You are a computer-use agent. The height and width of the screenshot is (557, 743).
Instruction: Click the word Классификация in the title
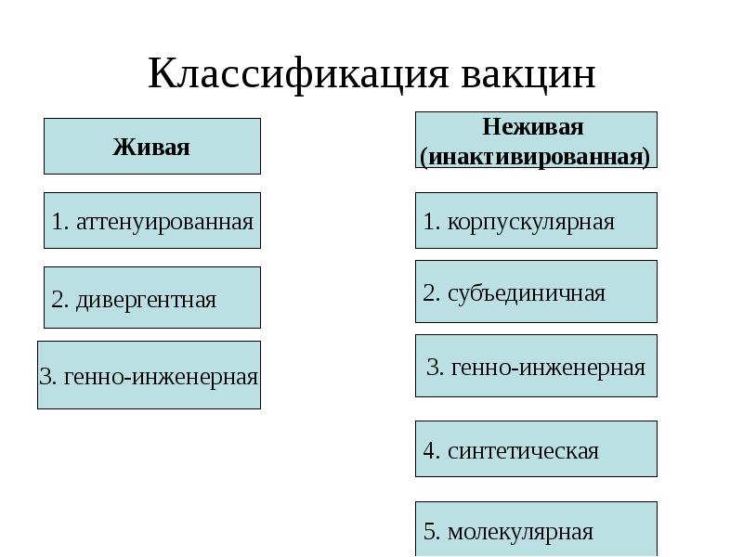pos(297,73)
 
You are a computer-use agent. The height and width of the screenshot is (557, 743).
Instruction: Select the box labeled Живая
pos(151,147)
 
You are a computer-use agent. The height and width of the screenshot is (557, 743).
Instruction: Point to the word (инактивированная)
pos(535,155)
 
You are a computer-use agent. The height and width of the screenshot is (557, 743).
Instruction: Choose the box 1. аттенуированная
pos(151,221)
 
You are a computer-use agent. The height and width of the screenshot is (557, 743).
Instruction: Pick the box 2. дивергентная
pos(151,298)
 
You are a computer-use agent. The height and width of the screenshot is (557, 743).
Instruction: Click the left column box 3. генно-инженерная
pos(149,376)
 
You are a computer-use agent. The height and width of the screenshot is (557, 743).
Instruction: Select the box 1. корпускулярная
pos(535,221)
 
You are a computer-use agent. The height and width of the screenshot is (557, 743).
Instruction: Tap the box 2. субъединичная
pos(535,292)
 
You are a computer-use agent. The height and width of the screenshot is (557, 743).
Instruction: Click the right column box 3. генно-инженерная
pos(535,366)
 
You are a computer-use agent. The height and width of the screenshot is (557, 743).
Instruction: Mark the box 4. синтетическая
pos(535,450)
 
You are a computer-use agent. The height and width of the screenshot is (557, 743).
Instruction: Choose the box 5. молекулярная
pos(535,530)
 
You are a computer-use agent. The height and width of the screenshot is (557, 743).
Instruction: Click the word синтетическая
pos(523,451)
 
